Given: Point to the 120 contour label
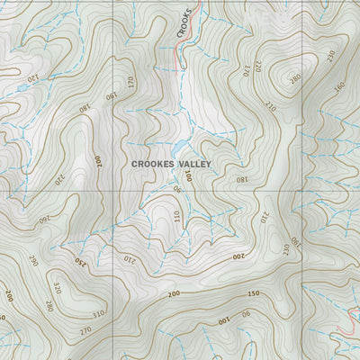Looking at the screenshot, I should click(x=32, y=79).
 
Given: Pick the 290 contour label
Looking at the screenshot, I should click(x=33, y=261).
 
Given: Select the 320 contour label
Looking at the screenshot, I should click(x=56, y=290).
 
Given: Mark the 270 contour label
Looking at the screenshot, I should click(x=85, y=331).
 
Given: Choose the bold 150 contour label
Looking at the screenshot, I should click(x=253, y=294).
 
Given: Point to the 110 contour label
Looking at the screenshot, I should click(x=177, y=216).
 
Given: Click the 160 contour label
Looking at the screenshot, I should click(x=339, y=88).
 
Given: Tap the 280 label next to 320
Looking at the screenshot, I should click(x=49, y=307).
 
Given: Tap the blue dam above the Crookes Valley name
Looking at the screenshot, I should click(x=181, y=147).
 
